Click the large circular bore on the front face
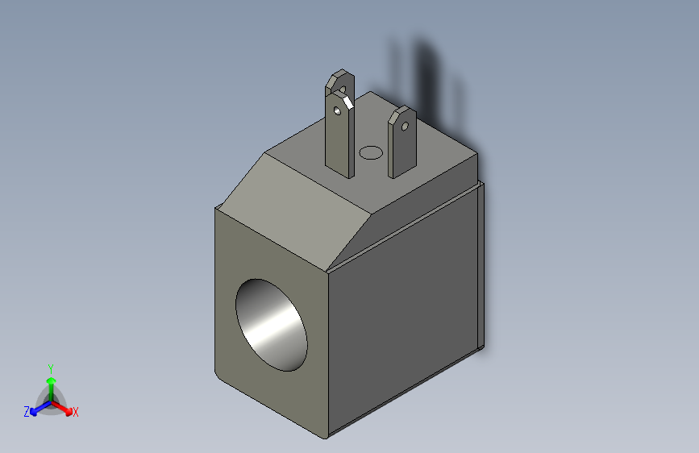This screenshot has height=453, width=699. pyautogui.click(x=271, y=326)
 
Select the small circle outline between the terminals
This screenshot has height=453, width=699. pyautogui.click(x=371, y=152)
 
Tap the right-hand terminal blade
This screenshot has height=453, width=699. pyautogui.click(x=401, y=149)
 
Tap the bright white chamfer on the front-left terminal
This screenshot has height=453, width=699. pyautogui.click(x=347, y=101)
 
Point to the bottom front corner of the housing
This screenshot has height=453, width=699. pyautogui.click(x=327, y=436)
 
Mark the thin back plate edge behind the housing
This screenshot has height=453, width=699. pyautogui.click(x=482, y=266)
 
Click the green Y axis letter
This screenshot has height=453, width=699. pyautogui.click(x=50, y=367)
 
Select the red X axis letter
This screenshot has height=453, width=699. pyautogui.click(x=76, y=412)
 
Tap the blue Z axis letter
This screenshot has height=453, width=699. pyautogui.click(x=27, y=412)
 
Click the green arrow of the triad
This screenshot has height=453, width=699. pyautogui.click(x=50, y=383)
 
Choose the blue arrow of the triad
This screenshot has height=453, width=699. pyautogui.click(x=37, y=409)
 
